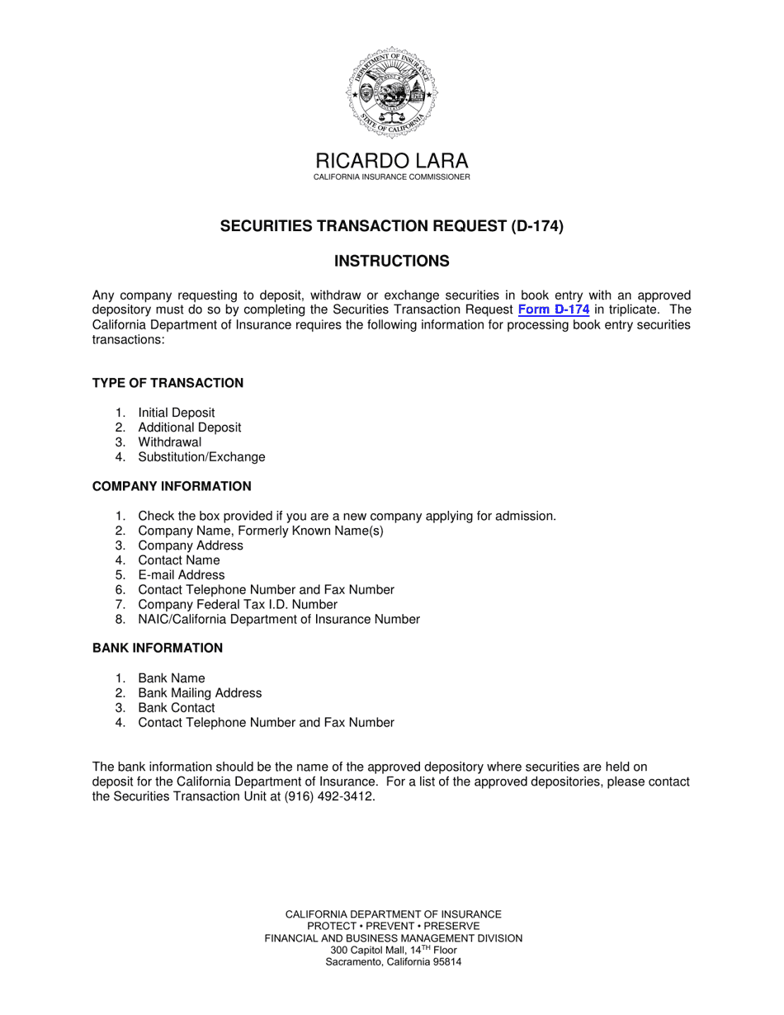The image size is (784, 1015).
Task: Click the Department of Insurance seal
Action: coord(392,92)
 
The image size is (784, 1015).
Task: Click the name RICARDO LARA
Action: coord(392,161)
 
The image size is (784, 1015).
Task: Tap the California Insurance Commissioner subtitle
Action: coord(392,177)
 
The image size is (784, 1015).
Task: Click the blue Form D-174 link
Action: coord(553,310)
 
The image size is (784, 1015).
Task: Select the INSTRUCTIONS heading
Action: coord(392,262)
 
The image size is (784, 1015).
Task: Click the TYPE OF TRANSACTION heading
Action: coord(168,383)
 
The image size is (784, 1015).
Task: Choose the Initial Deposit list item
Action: coord(176,413)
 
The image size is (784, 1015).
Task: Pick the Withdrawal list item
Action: coord(169,442)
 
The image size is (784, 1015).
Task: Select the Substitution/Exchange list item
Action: coord(201,457)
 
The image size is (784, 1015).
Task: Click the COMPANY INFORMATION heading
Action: coord(172,487)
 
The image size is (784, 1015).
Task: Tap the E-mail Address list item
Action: coord(181,575)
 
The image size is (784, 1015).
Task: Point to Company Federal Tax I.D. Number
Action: coord(238,605)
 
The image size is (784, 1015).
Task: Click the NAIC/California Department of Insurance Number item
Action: coord(279,620)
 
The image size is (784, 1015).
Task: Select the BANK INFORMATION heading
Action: coord(158,649)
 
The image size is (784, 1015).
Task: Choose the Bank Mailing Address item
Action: coord(200,693)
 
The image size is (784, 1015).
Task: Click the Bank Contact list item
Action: coord(176,708)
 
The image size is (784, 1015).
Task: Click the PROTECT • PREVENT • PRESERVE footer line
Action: coord(393,926)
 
